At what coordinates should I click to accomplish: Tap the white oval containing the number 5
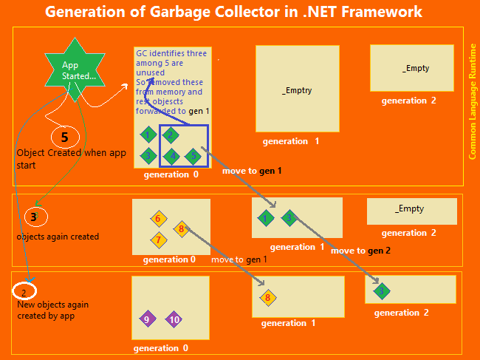(x=65, y=137)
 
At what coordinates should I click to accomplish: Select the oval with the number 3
(x=35, y=217)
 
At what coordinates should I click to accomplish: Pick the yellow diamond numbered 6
(x=158, y=219)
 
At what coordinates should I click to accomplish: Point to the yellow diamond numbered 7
(x=158, y=240)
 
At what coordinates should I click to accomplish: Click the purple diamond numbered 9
(x=148, y=319)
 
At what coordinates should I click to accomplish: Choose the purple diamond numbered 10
(x=174, y=319)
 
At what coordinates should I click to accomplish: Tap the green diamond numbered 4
(x=172, y=156)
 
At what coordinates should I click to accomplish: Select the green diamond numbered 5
(x=193, y=156)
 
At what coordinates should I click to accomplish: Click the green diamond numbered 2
(x=171, y=135)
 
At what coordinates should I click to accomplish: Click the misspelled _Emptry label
(x=297, y=90)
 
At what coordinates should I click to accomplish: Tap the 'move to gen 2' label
(x=361, y=251)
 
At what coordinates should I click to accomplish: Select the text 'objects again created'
(x=58, y=237)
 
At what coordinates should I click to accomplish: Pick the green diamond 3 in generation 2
(x=381, y=291)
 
